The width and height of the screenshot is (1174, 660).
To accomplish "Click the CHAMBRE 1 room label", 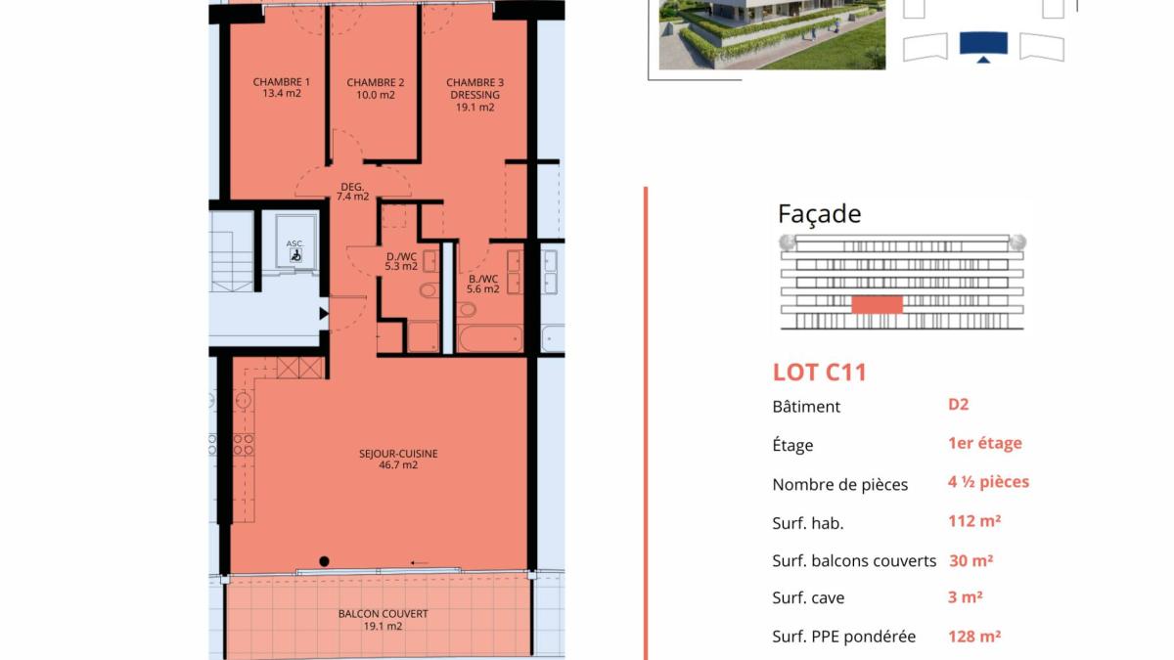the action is click(282, 82).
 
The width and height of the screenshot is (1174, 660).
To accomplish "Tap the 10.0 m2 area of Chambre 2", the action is click(376, 95).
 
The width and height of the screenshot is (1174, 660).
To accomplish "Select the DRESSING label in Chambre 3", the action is click(474, 95).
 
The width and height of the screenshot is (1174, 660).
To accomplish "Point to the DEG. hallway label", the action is click(352, 187).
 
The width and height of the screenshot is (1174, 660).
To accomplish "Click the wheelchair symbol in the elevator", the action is click(295, 255).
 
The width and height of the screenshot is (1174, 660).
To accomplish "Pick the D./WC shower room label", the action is click(401, 256).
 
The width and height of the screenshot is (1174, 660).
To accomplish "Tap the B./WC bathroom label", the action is click(483, 279).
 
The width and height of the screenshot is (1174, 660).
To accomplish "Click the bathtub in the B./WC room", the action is click(490, 338).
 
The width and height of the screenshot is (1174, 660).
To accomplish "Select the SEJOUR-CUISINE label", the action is click(398, 454).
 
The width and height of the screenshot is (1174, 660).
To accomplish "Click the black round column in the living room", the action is click(324, 561).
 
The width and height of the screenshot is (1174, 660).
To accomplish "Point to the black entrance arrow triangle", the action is click(324, 314).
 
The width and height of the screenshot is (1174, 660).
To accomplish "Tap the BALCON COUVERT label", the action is click(384, 614).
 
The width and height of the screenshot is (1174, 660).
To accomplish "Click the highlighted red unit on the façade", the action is click(877, 305).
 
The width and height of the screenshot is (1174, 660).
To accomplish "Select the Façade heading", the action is click(819, 214).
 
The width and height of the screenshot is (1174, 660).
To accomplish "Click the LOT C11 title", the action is click(820, 373).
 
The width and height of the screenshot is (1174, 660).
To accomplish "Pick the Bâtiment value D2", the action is click(958, 405).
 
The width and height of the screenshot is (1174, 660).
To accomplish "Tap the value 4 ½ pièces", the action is click(988, 482).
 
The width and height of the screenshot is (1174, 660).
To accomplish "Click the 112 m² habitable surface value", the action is click(974, 521).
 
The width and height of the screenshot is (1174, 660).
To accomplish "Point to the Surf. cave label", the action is click(808, 597).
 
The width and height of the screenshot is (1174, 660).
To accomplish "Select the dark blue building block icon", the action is click(983, 44).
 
